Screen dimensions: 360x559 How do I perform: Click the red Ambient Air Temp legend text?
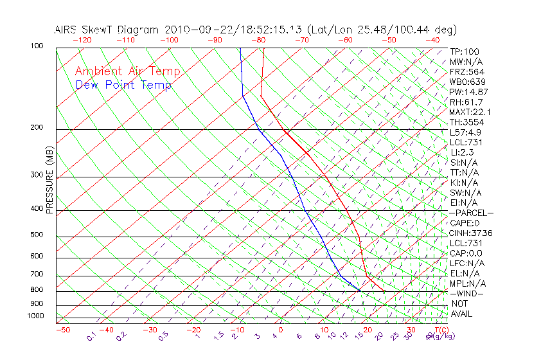127,71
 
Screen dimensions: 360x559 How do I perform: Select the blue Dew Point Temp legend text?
123,85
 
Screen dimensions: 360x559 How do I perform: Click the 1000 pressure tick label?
35,316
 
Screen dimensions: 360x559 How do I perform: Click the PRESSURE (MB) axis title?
49,179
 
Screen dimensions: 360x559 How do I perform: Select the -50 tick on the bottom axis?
62,330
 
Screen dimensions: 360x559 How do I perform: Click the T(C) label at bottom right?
439,330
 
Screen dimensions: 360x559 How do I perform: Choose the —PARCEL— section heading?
471,213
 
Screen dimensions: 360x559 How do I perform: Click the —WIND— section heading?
467,293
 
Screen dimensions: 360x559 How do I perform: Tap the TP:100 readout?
465,51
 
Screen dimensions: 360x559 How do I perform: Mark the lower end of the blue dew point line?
359,291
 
